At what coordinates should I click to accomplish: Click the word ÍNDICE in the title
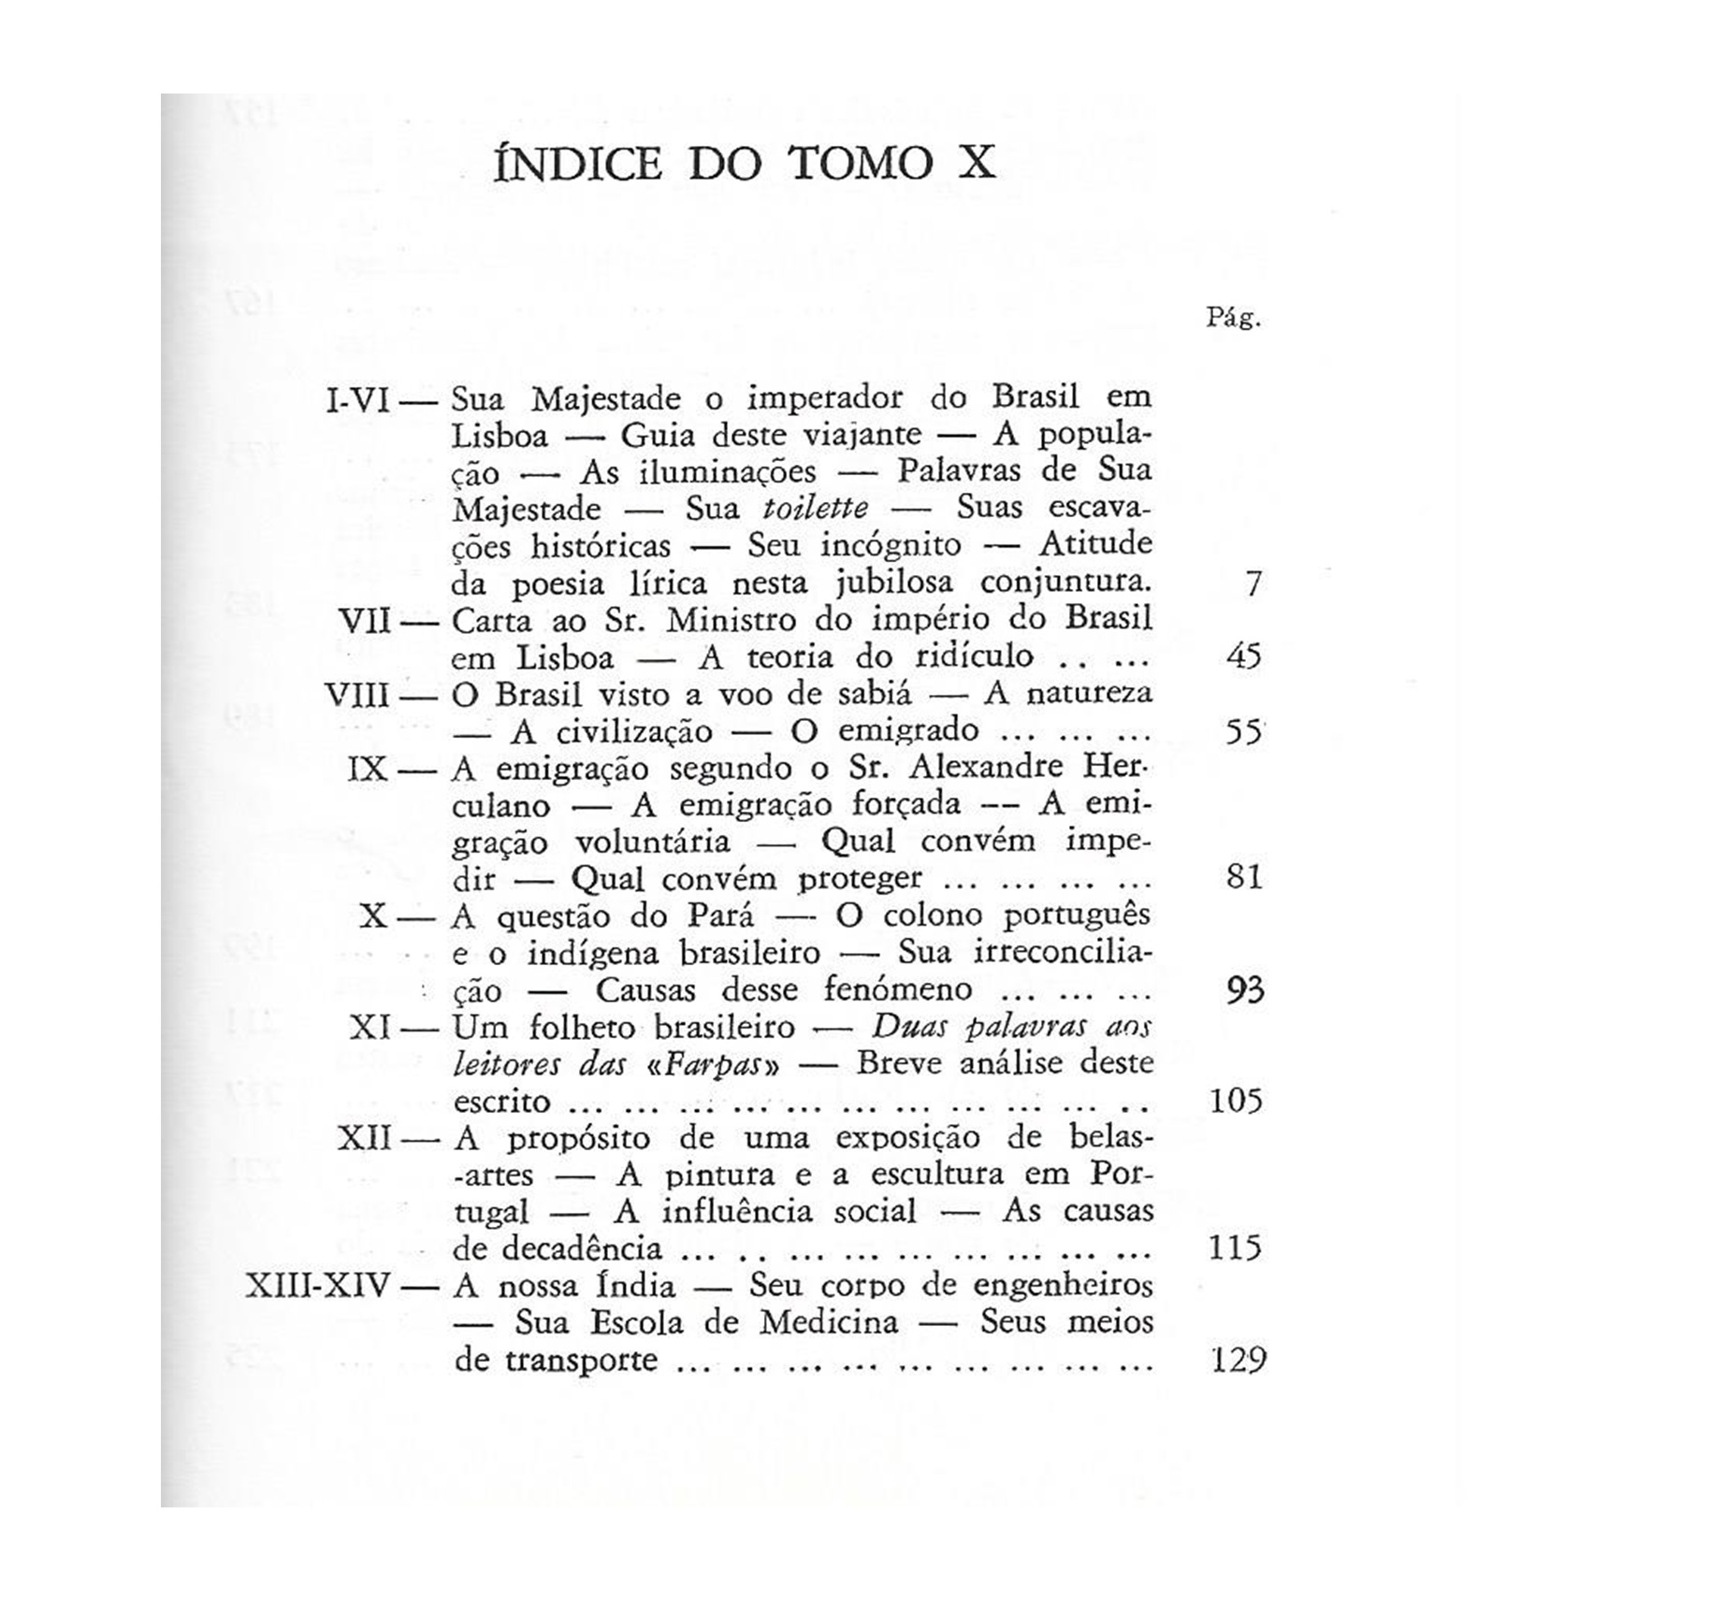click(x=577, y=165)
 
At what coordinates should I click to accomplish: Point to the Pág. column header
click(x=1233, y=319)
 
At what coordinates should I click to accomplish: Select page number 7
click(x=1252, y=584)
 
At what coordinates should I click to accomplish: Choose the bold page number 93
click(x=1245, y=989)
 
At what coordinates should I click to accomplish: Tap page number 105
click(x=1236, y=1101)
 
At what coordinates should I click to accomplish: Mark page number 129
click(x=1238, y=1360)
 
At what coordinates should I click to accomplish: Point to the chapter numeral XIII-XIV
click(x=317, y=1287)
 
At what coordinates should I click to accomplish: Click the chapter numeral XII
click(x=365, y=1139)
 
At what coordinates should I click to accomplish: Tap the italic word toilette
click(x=816, y=509)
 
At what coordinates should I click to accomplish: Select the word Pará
click(x=715, y=916)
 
